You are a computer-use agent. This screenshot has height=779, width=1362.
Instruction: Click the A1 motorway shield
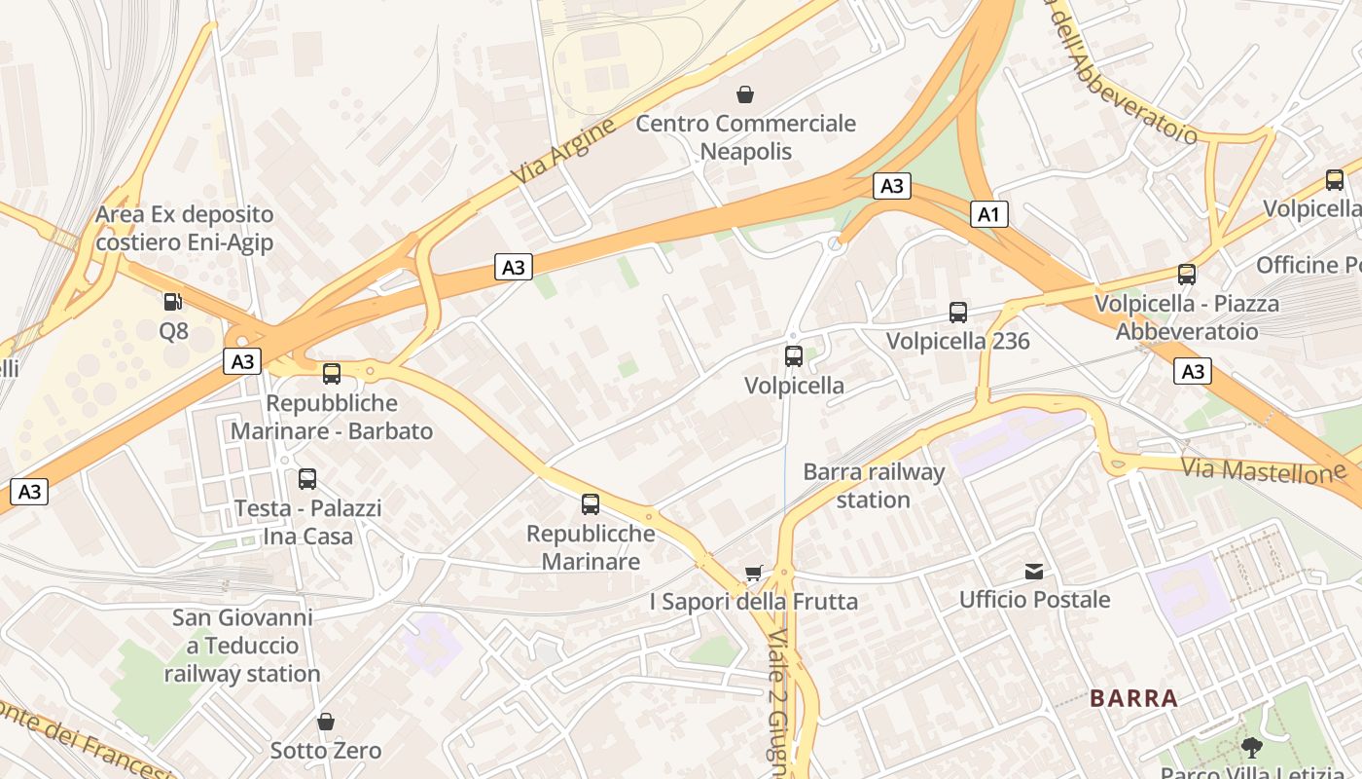tap(988, 214)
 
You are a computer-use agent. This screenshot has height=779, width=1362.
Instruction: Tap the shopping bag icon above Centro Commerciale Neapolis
tap(745, 94)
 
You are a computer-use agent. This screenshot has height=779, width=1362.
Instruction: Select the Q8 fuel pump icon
tap(173, 302)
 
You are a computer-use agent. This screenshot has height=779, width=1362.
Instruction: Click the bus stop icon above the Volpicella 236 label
tap(958, 313)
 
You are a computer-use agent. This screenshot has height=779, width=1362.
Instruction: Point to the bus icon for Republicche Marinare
tap(591, 504)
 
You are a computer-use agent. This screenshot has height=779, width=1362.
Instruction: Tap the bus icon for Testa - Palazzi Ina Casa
tap(307, 479)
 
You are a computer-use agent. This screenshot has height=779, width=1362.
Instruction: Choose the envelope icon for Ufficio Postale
tap(1034, 571)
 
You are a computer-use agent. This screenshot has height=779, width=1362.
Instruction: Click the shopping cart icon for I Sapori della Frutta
tap(753, 574)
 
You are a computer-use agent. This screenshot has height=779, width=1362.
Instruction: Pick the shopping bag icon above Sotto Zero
tap(326, 722)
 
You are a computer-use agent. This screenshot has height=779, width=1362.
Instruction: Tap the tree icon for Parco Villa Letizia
tap(1251, 748)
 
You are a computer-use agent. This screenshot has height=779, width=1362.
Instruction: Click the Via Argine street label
tap(563, 152)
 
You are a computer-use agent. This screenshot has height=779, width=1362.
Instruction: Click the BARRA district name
tap(1133, 698)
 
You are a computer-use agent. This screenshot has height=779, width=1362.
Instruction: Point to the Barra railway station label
tap(874, 486)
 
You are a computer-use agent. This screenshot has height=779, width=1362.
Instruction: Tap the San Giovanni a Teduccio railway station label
tap(242, 646)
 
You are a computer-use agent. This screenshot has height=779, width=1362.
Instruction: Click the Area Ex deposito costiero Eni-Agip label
tap(185, 228)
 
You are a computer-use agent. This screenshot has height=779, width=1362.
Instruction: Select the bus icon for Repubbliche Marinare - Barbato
tap(332, 374)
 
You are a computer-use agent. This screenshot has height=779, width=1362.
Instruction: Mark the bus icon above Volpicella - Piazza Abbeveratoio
tap(1187, 275)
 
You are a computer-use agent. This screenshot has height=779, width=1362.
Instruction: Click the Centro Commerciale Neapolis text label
tap(746, 137)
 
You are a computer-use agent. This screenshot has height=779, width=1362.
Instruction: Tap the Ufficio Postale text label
tap(1035, 599)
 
